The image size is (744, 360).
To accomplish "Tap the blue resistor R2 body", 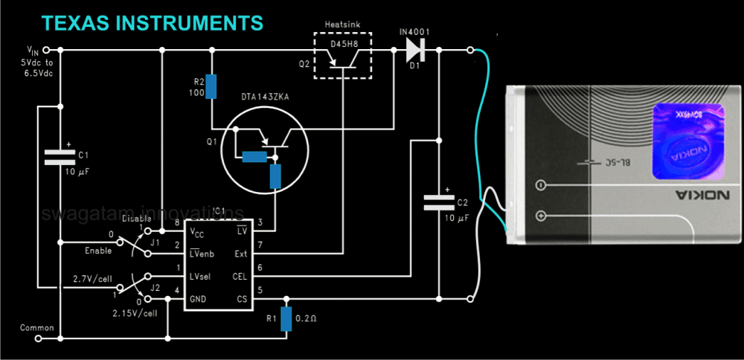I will click(211, 86).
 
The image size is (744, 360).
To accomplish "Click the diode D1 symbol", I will click(415, 51).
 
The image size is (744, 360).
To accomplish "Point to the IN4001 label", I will click(414, 32).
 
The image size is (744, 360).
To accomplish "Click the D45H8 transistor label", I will click(344, 44).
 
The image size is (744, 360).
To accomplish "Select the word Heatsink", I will click(343, 25).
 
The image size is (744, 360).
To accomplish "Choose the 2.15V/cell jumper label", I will click(133, 313).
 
